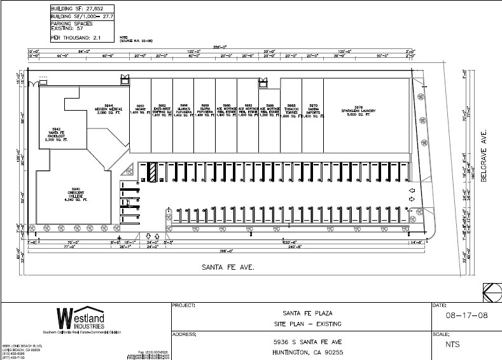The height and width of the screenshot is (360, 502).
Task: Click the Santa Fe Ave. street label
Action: pos(219,268)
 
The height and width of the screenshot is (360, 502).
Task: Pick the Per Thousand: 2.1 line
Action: pos(74,37)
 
